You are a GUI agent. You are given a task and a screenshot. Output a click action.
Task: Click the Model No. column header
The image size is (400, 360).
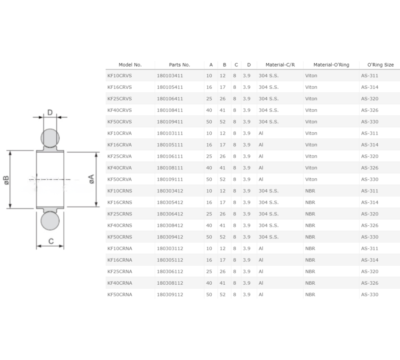[130, 65]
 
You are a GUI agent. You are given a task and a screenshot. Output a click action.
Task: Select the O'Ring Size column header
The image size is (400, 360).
[380, 65]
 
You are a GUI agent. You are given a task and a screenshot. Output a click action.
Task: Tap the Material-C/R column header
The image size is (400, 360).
[280, 65]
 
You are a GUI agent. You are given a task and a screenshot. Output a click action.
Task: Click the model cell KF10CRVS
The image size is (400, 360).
[120, 76]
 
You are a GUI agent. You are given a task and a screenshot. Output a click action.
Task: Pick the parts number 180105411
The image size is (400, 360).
[170, 87]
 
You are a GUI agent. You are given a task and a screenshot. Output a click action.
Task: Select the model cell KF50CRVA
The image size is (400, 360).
[120, 180]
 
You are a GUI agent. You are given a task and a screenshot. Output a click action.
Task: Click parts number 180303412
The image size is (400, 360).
[170, 191]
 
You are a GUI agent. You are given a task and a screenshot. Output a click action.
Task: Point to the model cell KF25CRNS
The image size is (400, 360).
[120, 214]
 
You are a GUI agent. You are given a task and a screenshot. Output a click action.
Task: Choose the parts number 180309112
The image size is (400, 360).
[170, 295]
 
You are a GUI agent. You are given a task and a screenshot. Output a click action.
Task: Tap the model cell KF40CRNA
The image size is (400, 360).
[120, 283]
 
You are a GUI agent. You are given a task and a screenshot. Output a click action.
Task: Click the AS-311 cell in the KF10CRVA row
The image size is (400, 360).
[370, 133]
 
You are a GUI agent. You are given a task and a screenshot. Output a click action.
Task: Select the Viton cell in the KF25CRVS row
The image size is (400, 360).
[311, 99]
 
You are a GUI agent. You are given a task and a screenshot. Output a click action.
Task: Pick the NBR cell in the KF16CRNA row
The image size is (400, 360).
[310, 260]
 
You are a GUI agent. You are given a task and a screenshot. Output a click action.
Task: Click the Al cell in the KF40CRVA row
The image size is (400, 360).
[261, 168]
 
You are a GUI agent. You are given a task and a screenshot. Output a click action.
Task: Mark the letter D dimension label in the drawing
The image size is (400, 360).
[50, 112]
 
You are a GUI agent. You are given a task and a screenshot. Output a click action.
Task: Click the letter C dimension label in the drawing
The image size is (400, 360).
[51, 241]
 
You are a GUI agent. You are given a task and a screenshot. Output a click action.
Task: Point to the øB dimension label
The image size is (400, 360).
[6, 180]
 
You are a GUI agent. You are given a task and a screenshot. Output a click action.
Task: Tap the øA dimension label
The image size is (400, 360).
[91, 180]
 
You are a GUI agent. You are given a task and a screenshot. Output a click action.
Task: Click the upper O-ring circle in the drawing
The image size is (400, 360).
[50, 137]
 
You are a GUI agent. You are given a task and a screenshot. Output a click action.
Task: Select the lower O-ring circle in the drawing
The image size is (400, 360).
[50, 221]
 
